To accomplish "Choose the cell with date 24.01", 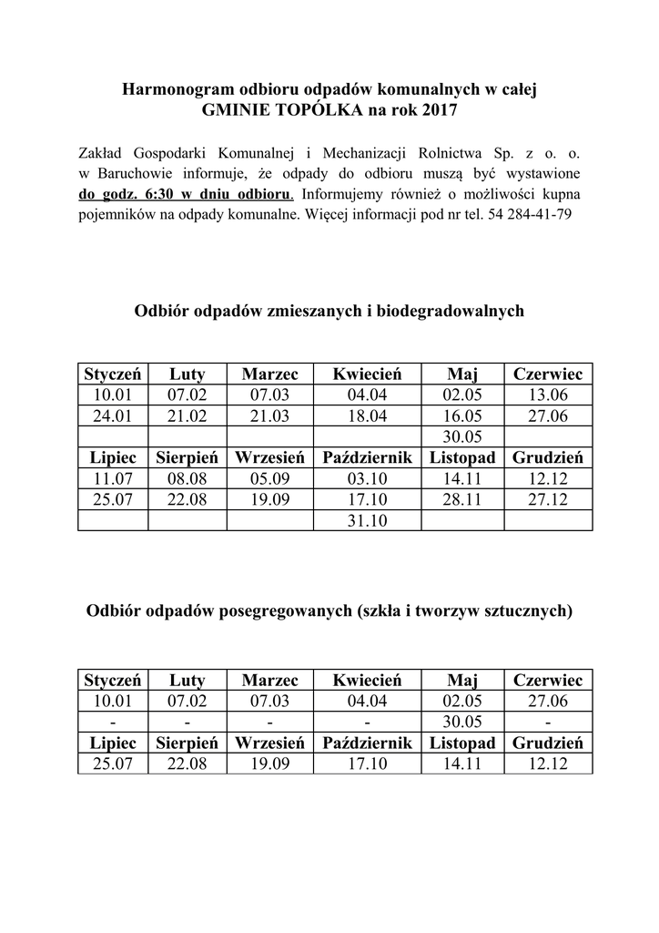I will [113, 415].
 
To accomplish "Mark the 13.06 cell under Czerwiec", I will [548, 395].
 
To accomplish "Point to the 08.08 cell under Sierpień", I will [188, 478].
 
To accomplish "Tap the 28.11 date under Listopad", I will [461, 499].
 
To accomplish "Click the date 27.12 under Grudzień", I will [548, 499].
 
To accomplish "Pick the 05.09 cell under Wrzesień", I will [269, 478].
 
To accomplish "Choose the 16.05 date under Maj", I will [461, 415].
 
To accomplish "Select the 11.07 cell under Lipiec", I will [113, 478].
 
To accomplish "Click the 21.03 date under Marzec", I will [269, 415].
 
